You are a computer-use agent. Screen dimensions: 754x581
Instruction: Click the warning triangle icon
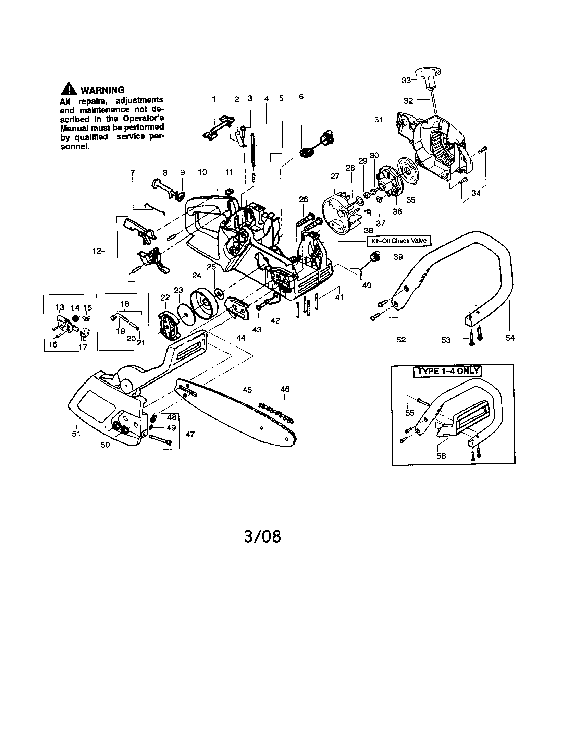coord(69,89)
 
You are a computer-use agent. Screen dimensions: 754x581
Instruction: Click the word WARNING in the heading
coord(102,90)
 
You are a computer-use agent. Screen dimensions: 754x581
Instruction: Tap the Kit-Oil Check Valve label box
coord(398,241)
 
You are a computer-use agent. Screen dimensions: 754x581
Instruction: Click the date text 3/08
coord(262,536)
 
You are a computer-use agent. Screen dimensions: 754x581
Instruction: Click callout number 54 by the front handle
coord(510,338)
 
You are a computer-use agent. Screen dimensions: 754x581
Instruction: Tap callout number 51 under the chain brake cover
coord(76,433)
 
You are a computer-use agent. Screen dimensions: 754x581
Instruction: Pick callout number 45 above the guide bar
coord(247,390)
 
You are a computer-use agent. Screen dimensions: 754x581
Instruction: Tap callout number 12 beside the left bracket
coord(97,251)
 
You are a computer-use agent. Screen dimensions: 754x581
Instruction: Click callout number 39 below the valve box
coord(398,257)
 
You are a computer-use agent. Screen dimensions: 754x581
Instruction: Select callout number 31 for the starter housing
coord(379,120)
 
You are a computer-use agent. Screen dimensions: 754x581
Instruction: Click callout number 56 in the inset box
coord(441,456)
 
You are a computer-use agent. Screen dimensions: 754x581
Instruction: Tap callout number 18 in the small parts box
coord(125,304)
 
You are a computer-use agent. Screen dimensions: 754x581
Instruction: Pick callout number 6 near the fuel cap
coord(301,96)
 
